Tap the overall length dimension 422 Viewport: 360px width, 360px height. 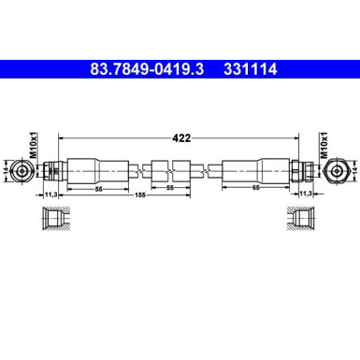tap(181, 137)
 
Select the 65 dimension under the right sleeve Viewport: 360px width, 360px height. tap(256, 189)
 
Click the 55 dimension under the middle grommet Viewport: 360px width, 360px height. tap(169, 189)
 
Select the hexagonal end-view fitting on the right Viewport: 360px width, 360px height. tap(338, 170)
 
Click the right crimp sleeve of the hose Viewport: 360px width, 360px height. tap(255, 170)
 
